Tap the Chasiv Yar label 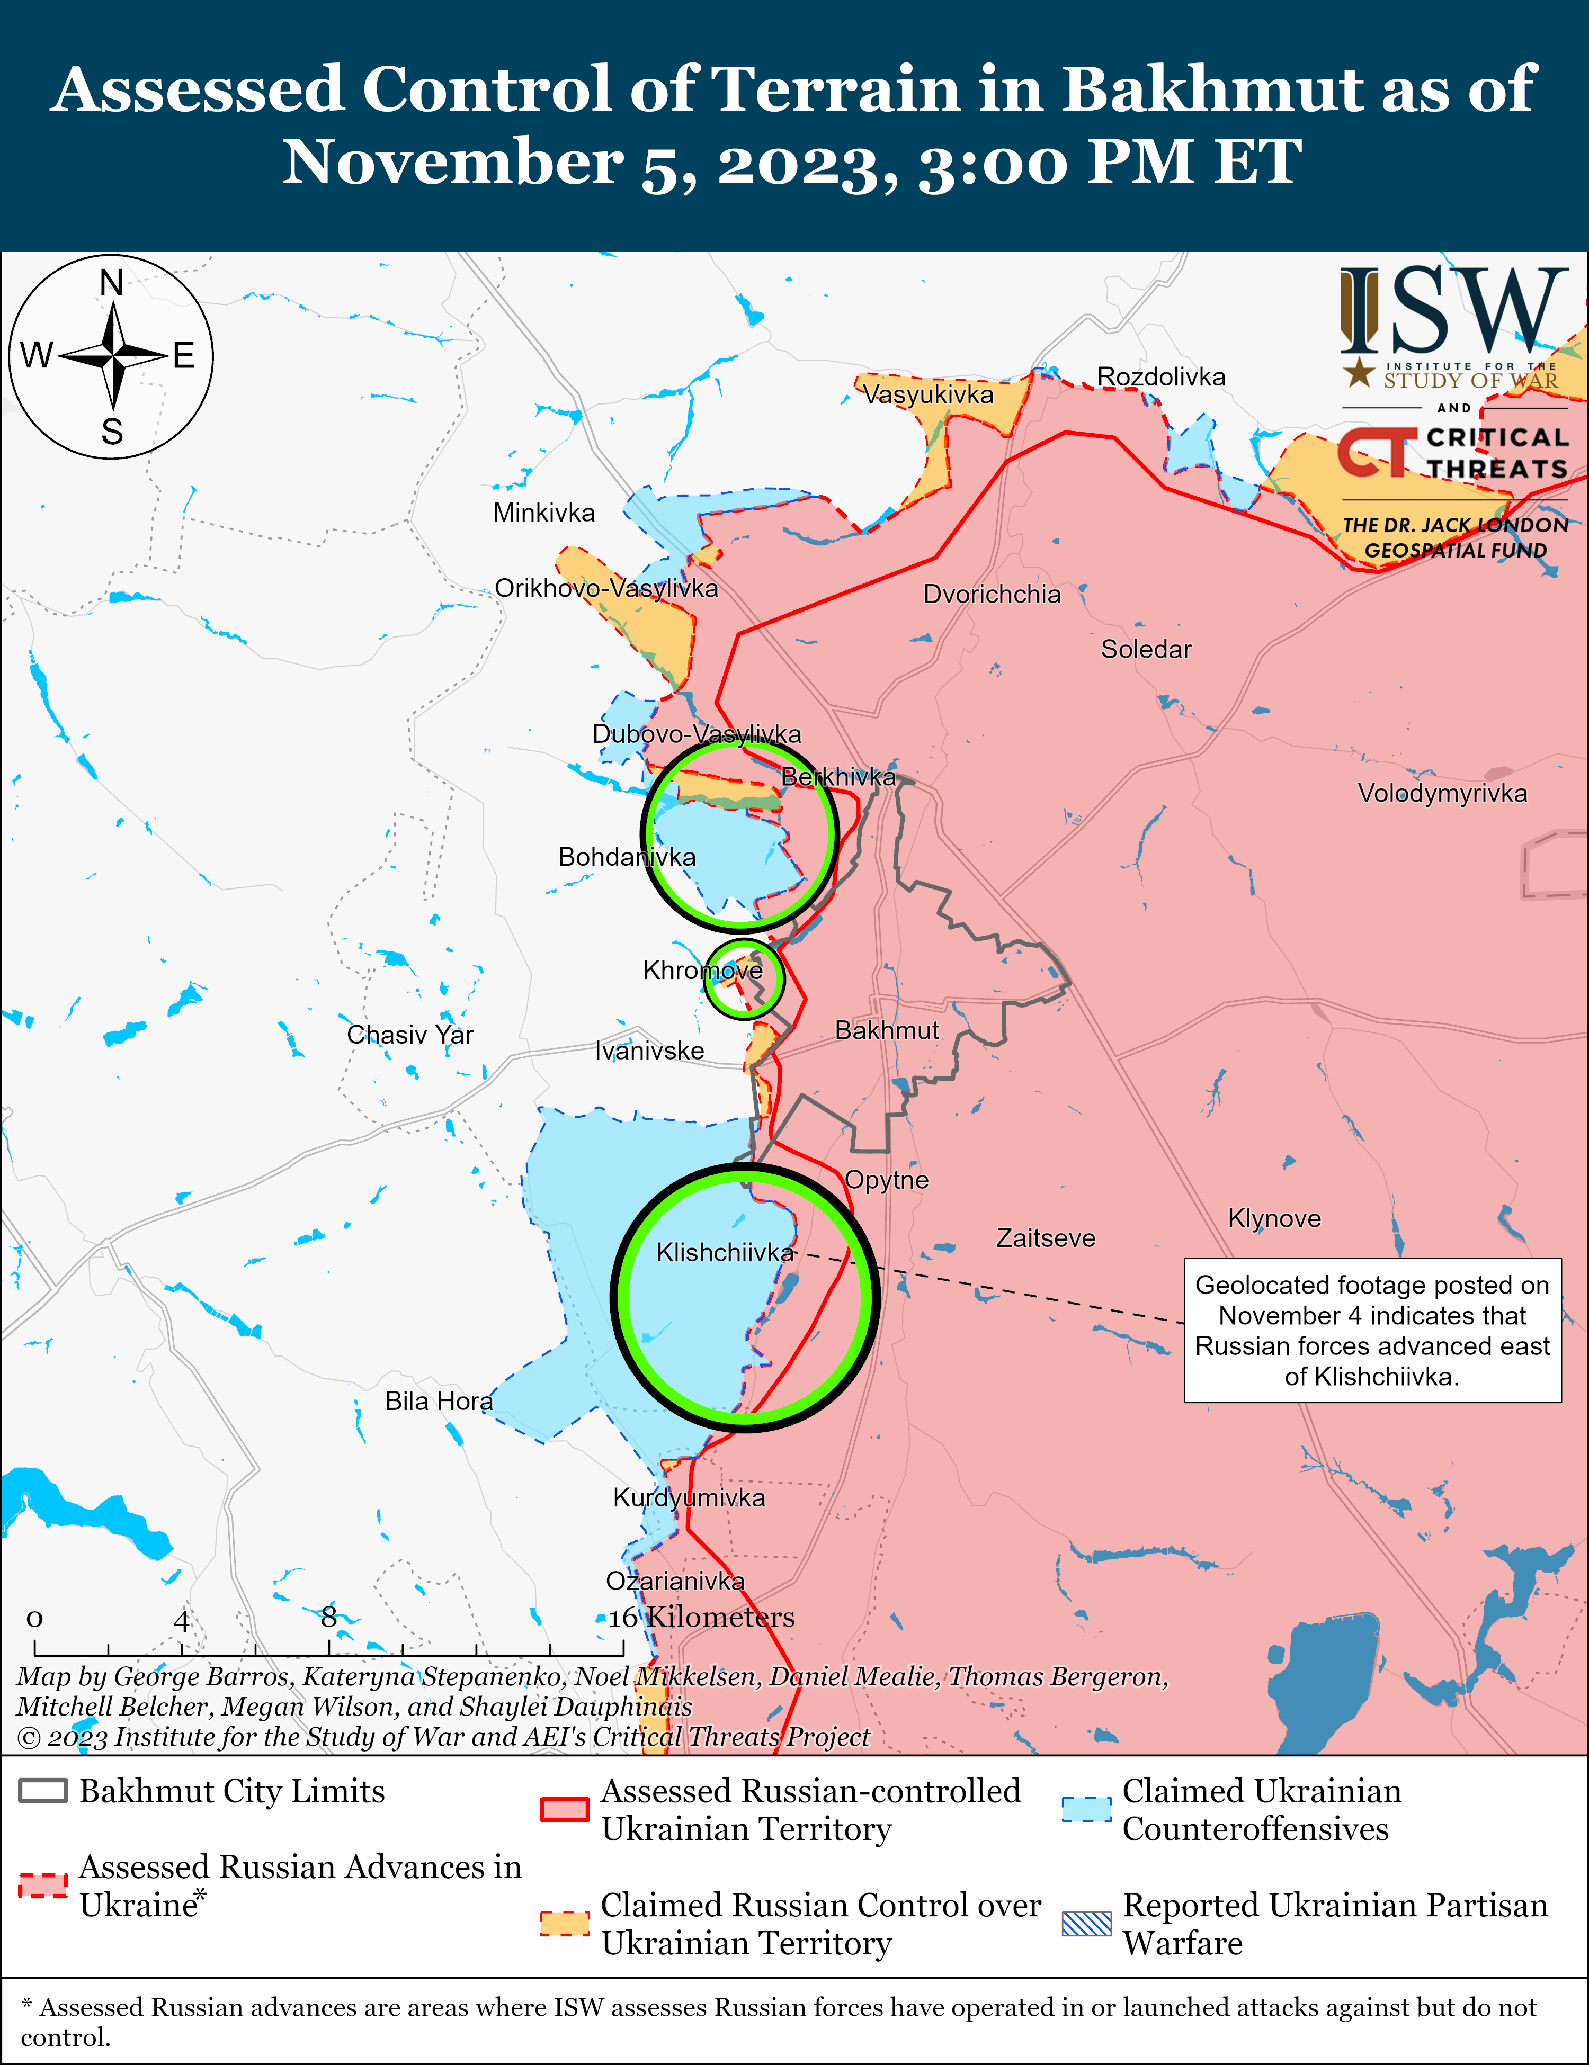pyautogui.click(x=409, y=1035)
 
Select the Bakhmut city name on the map pyautogui.click(x=886, y=1030)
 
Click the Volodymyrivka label pyautogui.click(x=1441, y=793)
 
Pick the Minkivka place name pyautogui.click(x=544, y=514)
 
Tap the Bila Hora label pyautogui.click(x=439, y=1401)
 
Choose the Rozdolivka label pyautogui.click(x=1160, y=377)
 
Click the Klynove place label pyautogui.click(x=1273, y=1219)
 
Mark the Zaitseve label pyautogui.click(x=1045, y=1238)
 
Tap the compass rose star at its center pyautogui.click(x=112, y=356)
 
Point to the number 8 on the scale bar pyautogui.click(x=328, y=1618)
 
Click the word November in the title pyautogui.click(x=453, y=161)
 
